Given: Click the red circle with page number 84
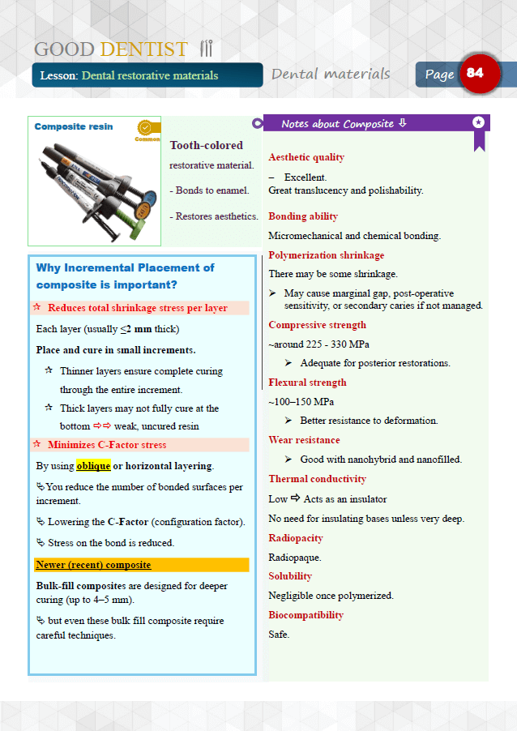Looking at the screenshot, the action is [x=480, y=74].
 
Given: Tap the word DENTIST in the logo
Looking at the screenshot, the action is [x=143, y=49].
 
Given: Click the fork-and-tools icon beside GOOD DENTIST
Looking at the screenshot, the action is [x=206, y=49].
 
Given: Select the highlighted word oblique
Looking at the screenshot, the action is [x=93, y=466].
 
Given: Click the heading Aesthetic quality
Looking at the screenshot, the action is [x=306, y=157].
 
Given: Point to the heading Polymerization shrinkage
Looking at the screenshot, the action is [x=327, y=255].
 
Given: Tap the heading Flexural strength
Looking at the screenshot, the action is [x=307, y=383].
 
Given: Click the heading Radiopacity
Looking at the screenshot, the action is [x=296, y=538].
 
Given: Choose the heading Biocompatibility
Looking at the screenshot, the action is [x=305, y=615].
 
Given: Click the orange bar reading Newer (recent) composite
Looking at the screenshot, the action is [x=142, y=565].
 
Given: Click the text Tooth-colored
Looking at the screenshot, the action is [x=206, y=145].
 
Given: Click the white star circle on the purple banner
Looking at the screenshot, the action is [x=478, y=122].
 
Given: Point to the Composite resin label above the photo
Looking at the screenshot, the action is [x=74, y=126].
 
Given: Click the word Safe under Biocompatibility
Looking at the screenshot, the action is [x=279, y=634].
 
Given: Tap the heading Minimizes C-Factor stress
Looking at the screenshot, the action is [x=107, y=445].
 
